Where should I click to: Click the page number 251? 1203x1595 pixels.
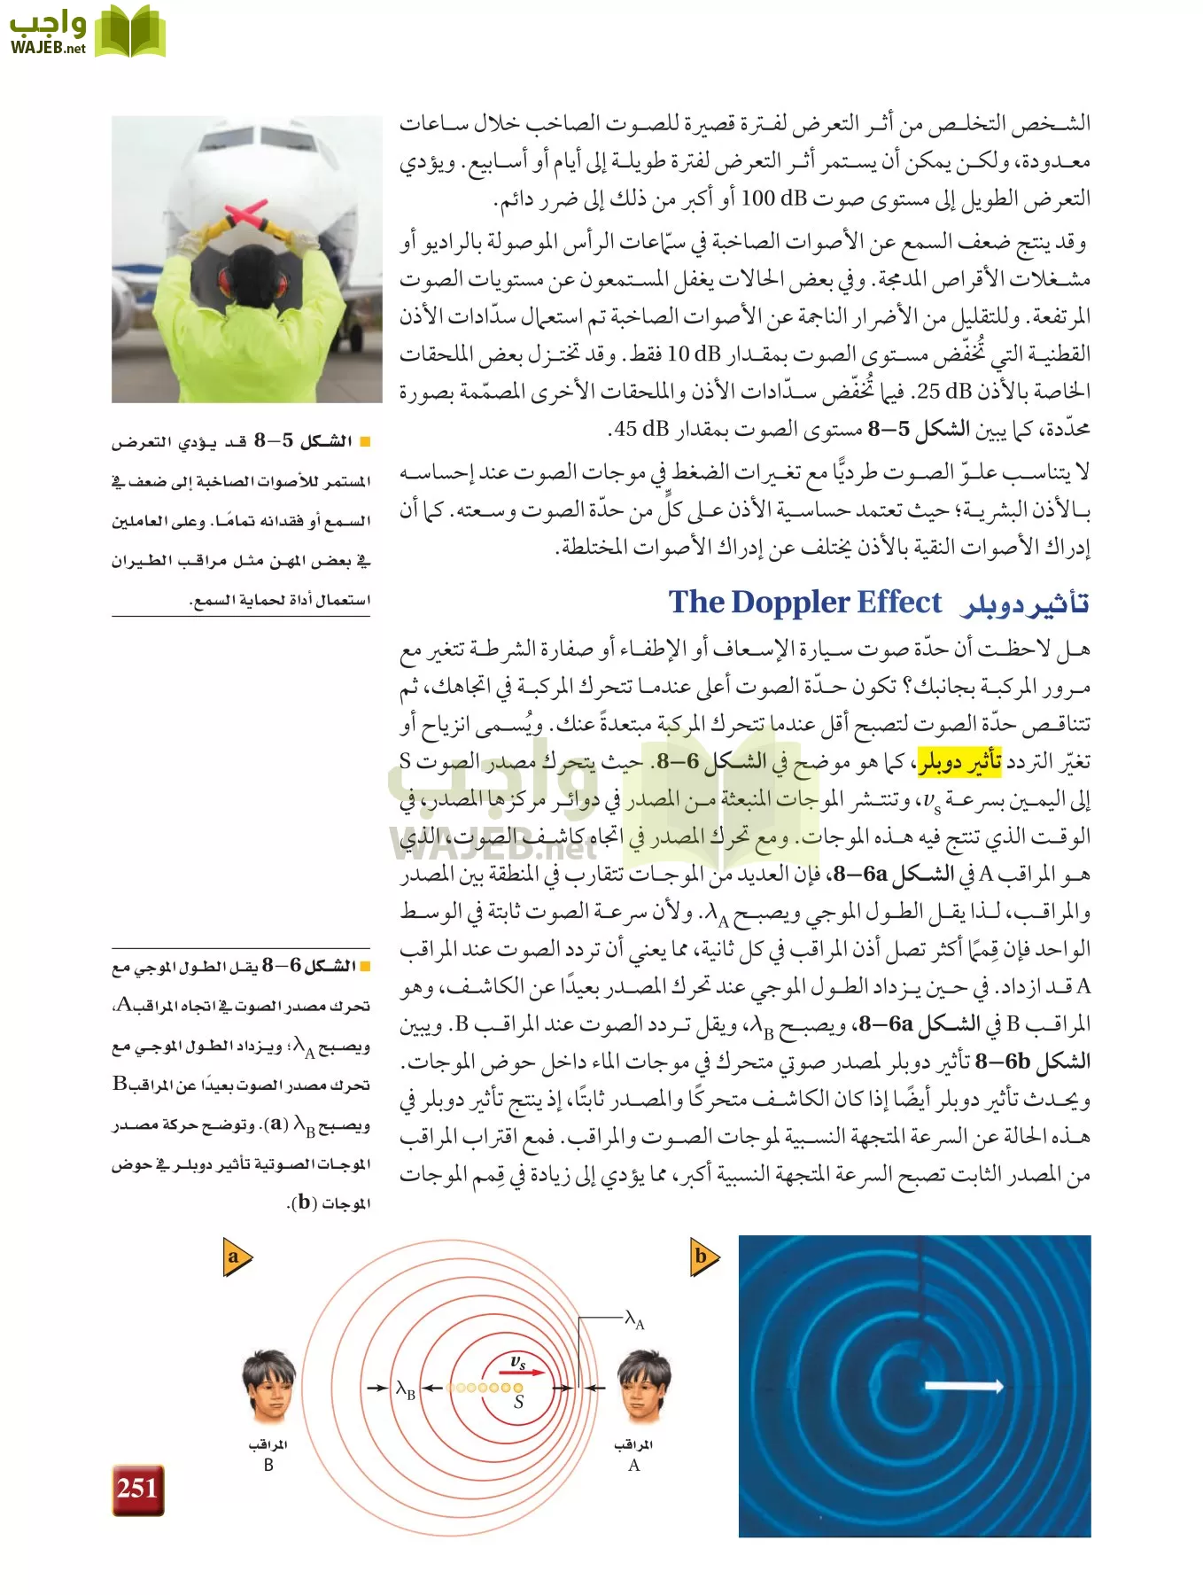(137, 1489)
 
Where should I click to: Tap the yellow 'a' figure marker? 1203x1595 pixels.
(236, 1257)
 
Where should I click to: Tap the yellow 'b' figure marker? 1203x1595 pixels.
(703, 1257)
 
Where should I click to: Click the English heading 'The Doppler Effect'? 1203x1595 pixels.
(804, 602)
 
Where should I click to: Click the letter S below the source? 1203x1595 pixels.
(518, 1403)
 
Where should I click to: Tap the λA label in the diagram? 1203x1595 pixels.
(634, 1319)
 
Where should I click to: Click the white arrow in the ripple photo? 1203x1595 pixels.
(969, 1386)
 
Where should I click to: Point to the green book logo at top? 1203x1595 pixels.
(130, 32)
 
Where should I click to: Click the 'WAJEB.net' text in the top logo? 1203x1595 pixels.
(48, 47)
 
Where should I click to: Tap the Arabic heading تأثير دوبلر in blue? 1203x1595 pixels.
(1025, 603)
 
